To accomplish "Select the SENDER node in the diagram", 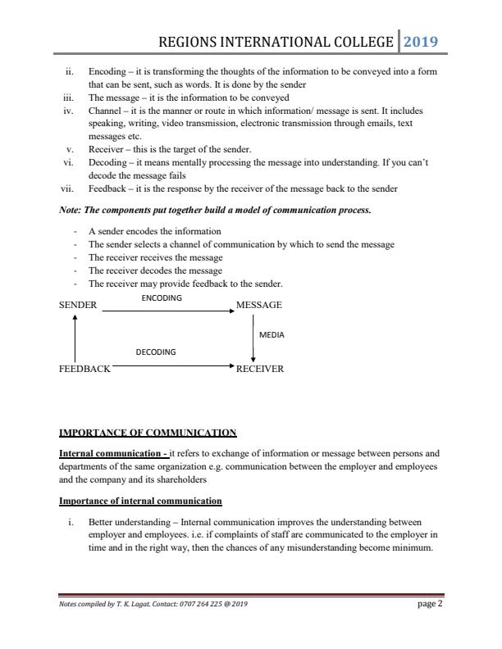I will (x=78, y=305).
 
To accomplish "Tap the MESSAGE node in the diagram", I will (x=258, y=305).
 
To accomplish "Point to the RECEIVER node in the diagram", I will (x=259, y=369).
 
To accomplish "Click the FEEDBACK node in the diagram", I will (x=84, y=369).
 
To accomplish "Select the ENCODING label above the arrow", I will (x=162, y=298).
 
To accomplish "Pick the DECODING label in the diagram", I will (x=155, y=352).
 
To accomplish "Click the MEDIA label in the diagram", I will (x=272, y=335).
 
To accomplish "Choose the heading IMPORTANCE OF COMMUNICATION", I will (x=148, y=433).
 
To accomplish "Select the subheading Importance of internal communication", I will (x=140, y=500).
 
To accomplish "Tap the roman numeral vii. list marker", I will (x=69, y=188).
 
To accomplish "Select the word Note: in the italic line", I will (x=71, y=211).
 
